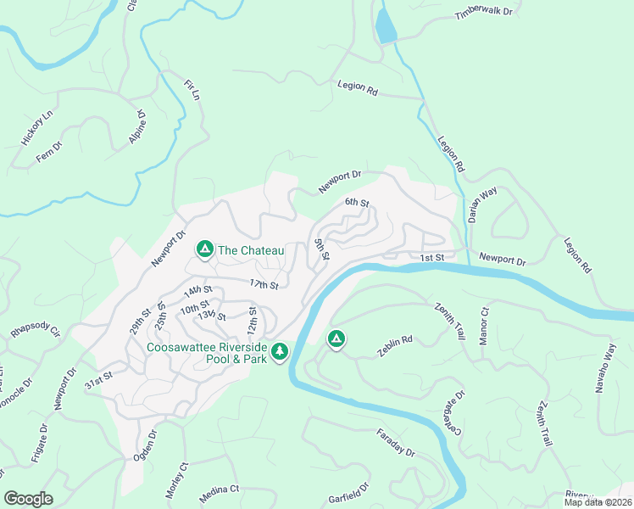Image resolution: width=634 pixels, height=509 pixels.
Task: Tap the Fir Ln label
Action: click(191, 92)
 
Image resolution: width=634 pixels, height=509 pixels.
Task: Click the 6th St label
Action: click(357, 203)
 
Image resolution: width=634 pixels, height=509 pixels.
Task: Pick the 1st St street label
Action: click(432, 257)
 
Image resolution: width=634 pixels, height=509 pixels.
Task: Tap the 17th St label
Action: click(264, 284)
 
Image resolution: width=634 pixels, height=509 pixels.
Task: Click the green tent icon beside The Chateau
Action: click(204, 249)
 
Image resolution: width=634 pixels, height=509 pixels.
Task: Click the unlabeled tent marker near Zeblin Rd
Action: click(336, 340)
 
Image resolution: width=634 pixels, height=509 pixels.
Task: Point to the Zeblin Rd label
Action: click(395, 345)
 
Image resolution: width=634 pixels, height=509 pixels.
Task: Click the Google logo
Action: click(28, 499)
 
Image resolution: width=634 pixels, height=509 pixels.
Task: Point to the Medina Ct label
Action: click(220, 489)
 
